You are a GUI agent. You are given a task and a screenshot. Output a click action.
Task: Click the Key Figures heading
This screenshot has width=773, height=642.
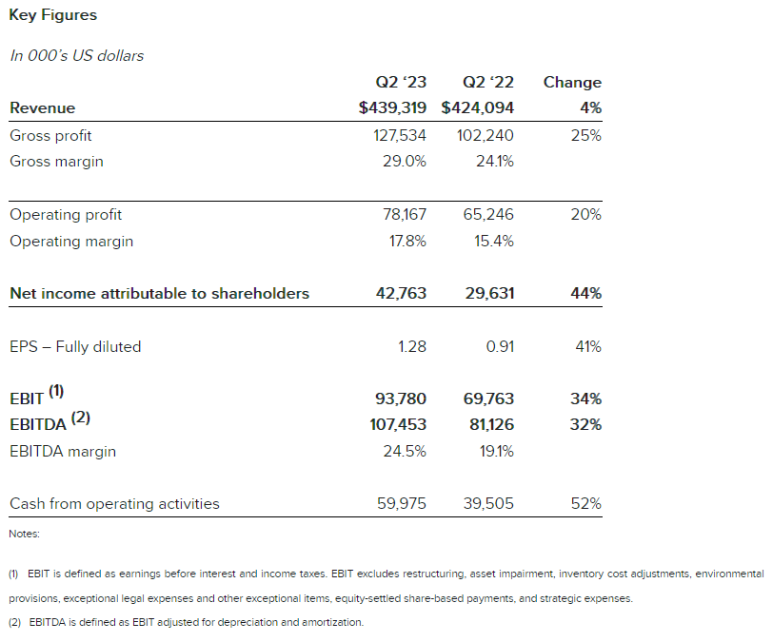pos(53,15)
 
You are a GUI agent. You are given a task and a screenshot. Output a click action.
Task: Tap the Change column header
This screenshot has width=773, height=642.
pos(572,83)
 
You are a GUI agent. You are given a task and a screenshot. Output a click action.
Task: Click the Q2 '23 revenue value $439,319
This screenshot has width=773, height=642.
pos(392,108)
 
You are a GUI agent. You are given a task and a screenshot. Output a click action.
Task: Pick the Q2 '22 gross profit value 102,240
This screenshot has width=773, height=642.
pos(486,136)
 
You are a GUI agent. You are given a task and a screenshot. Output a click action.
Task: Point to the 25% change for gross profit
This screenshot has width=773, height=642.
pos(585,136)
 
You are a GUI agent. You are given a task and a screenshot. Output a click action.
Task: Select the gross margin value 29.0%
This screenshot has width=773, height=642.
pos(405,162)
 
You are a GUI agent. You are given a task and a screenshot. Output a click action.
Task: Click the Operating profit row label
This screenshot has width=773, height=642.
pos(66,215)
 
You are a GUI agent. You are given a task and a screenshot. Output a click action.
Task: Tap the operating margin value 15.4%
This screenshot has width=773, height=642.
pos(494,242)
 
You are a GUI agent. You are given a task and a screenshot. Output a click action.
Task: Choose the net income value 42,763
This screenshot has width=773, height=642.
pos(402,294)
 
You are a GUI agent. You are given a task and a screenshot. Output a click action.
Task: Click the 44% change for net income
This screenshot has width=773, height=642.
pos(585,294)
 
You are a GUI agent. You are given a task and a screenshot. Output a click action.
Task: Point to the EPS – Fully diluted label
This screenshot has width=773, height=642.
pos(75,347)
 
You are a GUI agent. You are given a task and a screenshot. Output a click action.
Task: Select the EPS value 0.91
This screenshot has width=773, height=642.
pos(500,347)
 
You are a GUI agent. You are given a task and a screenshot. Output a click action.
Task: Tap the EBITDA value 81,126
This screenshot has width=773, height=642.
pos(491,424)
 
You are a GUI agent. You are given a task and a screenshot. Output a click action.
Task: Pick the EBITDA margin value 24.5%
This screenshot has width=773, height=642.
pos(405,452)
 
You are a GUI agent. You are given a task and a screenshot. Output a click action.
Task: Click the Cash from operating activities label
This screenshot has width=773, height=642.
pos(114,504)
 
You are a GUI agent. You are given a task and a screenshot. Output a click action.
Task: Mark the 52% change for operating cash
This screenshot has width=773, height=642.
pos(585,504)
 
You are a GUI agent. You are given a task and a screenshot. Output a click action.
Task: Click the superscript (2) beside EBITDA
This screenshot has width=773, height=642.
pos(81,417)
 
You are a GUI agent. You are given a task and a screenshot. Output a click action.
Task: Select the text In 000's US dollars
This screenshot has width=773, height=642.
pos(77,55)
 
